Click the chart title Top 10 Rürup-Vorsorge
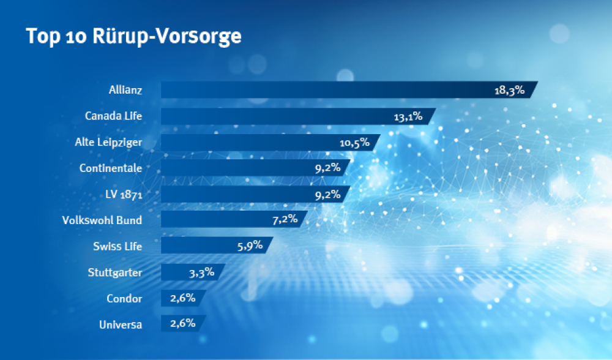tap(133, 36)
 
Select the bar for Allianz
tap(324, 90)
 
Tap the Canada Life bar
tap(275, 116)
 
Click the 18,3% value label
tap(509, 91)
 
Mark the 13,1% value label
tap(408, 116)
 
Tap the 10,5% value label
tap(354, 143)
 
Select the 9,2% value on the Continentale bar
tap(327, 168)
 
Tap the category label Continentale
tap(111, 168)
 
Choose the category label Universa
tap(121, 324)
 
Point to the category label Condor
tap(124, 299)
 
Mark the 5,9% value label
tap(249, 245)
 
